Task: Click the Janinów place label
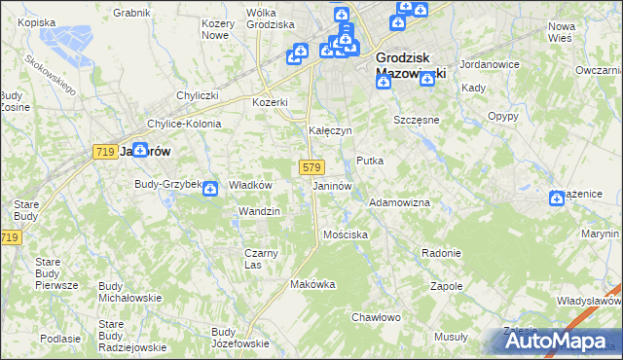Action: (332, 186)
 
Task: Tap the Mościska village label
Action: (346, 234)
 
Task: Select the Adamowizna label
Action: (399, 201)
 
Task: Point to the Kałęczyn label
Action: (329, 129)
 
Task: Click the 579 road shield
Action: (311, 167)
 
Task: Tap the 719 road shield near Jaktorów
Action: (106, 152)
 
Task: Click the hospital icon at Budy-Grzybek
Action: (209, 189)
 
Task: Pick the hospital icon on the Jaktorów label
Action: (140, 150)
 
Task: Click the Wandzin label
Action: (259, 211)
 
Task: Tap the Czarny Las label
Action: (261, 259)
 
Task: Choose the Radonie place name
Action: (441, 253)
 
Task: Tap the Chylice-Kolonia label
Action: (184, 124)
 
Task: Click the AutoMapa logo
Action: (554, 342)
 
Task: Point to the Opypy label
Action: (502, 116)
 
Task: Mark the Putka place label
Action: (370, 161)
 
